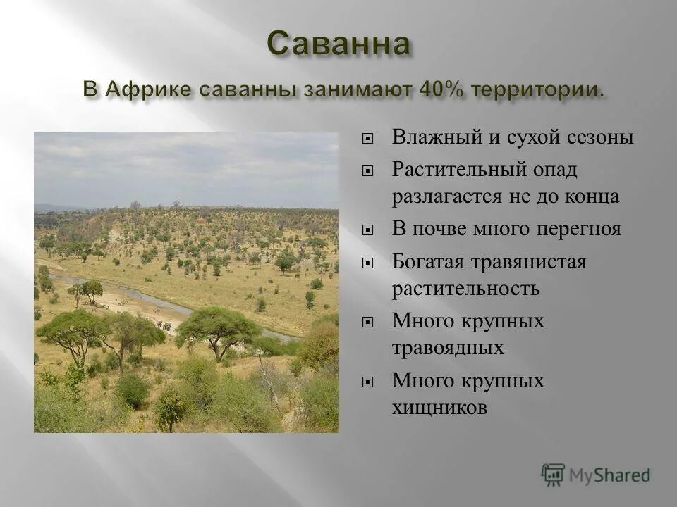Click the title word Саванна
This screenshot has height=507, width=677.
click(x=338, y=44)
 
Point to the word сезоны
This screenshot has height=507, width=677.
click(x=601, y=137)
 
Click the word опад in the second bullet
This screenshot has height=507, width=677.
click(x=554, y=170)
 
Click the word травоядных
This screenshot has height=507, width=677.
click(x=448, y=348)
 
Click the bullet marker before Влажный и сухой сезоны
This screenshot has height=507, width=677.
click(x=367, y=138)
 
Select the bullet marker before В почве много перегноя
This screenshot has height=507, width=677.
click(x=367, y=230)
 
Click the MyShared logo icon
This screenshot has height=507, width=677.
click(x=553, y=475)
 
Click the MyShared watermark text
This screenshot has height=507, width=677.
click(x=610, y=476)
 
